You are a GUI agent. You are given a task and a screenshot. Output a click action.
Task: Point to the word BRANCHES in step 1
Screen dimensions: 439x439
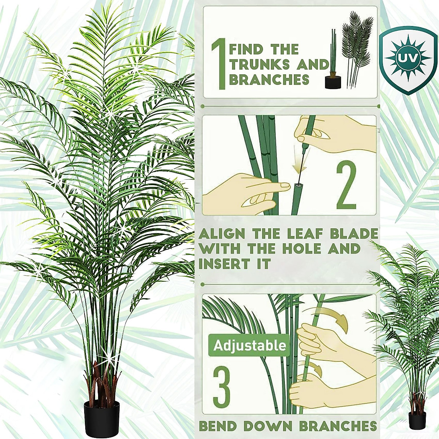(x=269, y=80)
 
